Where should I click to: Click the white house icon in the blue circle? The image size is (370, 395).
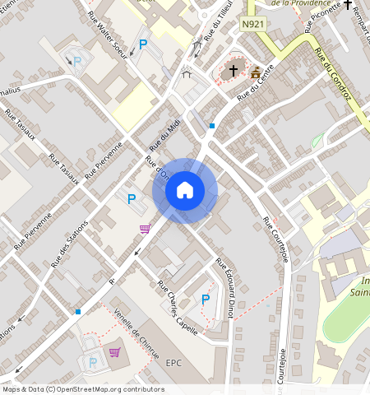pos(185,190)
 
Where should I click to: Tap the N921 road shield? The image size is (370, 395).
pos(253,26)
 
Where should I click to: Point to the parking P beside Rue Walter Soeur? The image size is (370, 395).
pos(143,46)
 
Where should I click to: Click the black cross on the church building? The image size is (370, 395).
pos(233,71)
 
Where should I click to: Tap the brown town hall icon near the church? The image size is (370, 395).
pos(256,72)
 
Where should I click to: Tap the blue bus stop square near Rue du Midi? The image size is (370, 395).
pos(212,126)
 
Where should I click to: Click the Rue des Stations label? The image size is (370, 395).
pos(69,245)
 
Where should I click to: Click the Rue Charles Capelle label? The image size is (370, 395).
pos(178,300)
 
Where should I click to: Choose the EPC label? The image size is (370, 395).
pos(173,362)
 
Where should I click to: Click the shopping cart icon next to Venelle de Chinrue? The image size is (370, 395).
pos(114,353)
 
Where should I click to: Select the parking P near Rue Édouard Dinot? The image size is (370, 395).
pos(206,300)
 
